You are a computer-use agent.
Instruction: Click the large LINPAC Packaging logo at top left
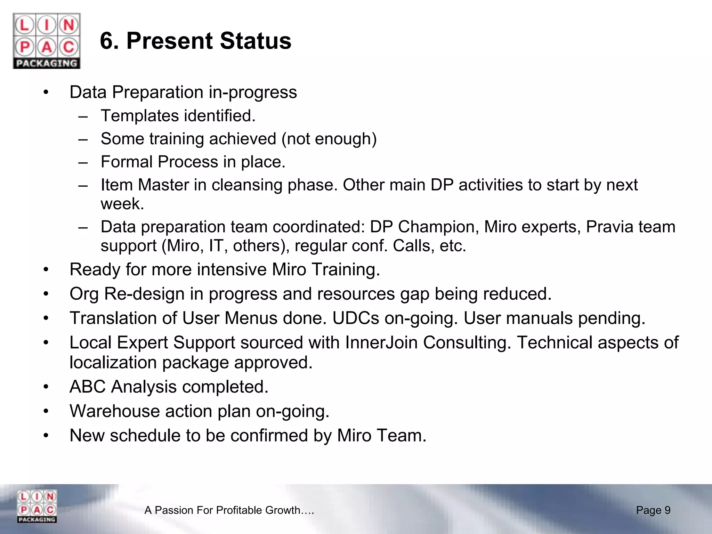pos(47,41)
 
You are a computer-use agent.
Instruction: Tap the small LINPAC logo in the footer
pos(37,506)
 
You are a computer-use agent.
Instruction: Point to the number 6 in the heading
pos(107,41)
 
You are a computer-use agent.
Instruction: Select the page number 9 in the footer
pos(667,510)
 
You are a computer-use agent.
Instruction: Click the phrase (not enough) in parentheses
pos(329,139)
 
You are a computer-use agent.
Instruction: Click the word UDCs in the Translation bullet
pos(356,318)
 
